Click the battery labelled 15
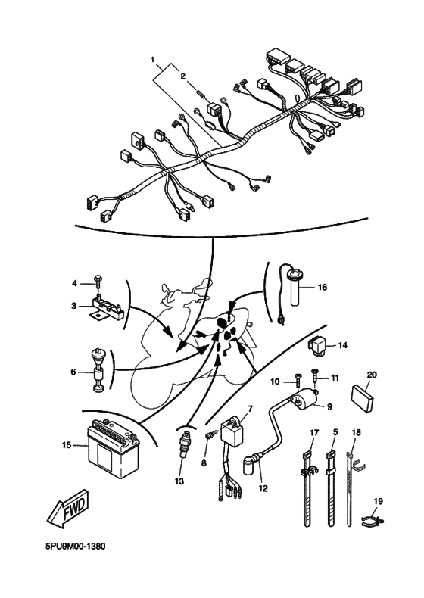[114, 445]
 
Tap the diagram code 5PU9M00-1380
[76, 547]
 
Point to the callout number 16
[323, 287]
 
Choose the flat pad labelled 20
[362, 399]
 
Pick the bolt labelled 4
[98, 283]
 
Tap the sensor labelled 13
[185, 444]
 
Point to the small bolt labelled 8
[211, 434]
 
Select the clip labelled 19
[373, 519]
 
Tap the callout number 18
[356, 432]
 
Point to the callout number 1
[153, 60]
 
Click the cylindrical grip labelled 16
[295, 288]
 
